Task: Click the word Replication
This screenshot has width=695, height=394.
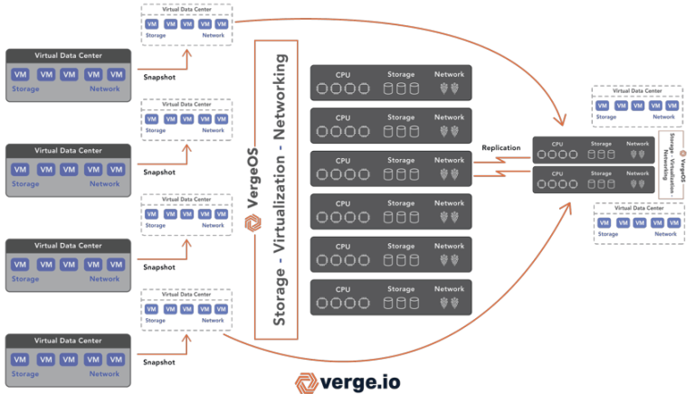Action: tap(500, 145)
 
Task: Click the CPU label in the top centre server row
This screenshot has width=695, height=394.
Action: tap(343, 74)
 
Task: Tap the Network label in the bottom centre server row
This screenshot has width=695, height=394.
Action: tap(449, 289)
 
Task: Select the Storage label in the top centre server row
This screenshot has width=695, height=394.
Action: tap(401, 74)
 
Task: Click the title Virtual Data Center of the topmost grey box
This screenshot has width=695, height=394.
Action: tap(68, 55)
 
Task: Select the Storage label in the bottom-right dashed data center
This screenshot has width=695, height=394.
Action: tap(607, 234)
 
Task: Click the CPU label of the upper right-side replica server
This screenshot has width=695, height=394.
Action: tap(557, 143)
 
